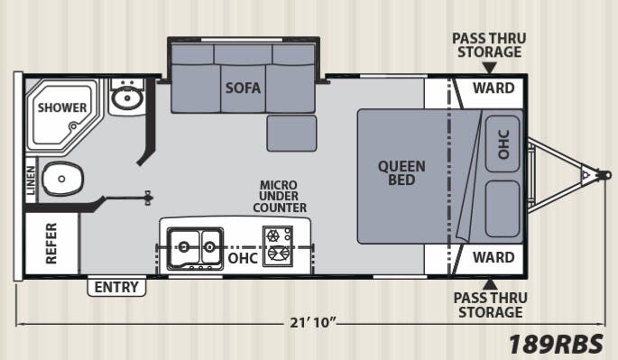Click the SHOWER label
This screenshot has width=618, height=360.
click(62, 108)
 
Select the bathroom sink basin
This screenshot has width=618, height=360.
click(125, 97)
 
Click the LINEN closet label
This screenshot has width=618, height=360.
click(32, 180)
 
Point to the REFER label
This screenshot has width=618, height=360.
click(51, 242)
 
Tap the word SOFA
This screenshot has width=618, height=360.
click(244, 88)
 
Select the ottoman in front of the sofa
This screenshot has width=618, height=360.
click(291, 133)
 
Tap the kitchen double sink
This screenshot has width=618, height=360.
click(198, 244)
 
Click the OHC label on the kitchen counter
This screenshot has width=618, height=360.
click(243, 258)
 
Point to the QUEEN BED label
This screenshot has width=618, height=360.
click(401, 172)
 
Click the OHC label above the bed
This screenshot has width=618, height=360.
click(503, 142)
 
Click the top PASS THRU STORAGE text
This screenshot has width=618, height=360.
click(488, 44)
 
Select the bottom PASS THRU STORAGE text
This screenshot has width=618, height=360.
click(488, 305)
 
